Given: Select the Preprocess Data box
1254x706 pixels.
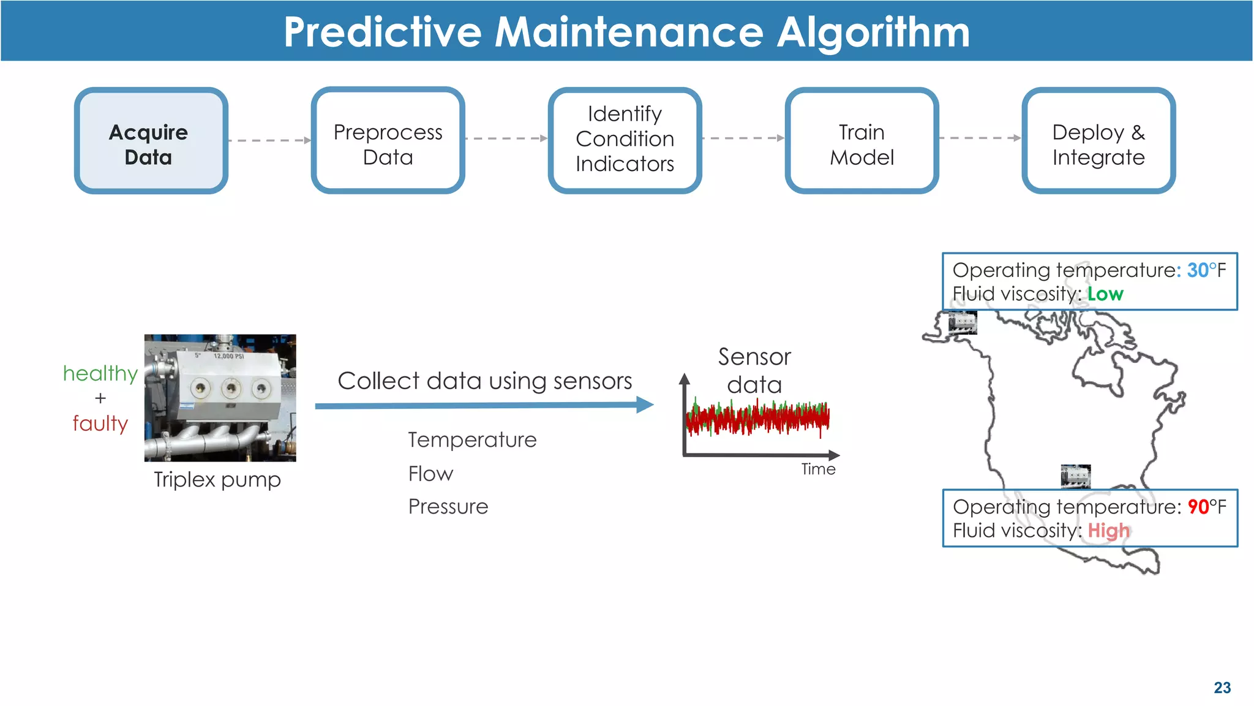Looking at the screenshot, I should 388,141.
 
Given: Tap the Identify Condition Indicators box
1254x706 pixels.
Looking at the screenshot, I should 625,141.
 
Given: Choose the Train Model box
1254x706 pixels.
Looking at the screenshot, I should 862,141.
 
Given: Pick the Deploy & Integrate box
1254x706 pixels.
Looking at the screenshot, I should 1098,141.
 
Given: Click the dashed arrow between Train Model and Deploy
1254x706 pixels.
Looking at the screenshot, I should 980,139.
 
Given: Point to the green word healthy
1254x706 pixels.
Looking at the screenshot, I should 100,373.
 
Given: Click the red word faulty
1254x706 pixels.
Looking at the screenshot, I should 100,423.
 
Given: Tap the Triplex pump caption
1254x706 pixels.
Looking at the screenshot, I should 217,480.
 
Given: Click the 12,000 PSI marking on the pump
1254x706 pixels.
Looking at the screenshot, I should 228,356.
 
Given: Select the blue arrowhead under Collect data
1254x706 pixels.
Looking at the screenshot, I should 645,404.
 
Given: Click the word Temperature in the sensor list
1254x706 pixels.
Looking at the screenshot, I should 472,440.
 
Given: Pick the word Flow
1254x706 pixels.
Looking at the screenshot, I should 430,474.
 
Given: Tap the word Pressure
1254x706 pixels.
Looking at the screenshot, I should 448,507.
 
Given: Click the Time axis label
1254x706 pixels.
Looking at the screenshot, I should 818,469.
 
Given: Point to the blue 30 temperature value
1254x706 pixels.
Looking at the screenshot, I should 1198,270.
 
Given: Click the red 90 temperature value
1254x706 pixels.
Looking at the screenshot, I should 1198,507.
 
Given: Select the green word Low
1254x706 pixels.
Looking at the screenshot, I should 1105,294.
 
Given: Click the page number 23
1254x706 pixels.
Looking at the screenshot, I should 1222,688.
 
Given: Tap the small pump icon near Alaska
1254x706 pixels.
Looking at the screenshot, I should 963,322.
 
